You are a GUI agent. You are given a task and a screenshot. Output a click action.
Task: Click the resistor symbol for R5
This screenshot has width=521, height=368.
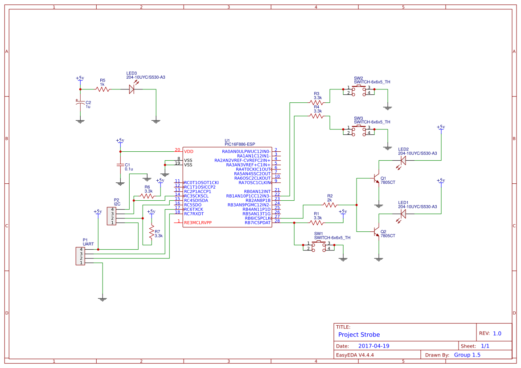[x=103, y=89]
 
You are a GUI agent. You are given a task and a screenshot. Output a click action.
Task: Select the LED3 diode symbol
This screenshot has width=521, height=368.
[x=132, y=89]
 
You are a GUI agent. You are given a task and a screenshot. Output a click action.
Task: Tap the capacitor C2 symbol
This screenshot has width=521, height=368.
[x=80, y=104]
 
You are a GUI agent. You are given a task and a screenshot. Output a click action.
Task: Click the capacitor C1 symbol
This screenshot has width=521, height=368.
[x=120, y=165]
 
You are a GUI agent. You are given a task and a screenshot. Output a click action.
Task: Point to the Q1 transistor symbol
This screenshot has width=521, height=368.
[x=376, y=179]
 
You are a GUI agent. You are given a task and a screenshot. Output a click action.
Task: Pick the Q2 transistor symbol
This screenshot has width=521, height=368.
[x=376, y=231]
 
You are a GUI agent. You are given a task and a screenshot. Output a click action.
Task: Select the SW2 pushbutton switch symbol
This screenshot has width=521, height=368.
[x=359, y=90]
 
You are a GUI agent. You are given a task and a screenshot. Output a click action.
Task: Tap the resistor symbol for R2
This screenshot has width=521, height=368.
[x=330, y=205]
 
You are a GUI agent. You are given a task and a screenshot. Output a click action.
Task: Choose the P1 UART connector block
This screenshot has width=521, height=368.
[x=80, y=256]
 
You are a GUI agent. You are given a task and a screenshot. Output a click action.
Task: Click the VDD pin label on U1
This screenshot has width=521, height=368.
[x=189, y=152]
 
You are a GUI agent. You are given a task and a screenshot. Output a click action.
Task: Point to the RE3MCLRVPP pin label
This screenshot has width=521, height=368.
[x=197, y=222]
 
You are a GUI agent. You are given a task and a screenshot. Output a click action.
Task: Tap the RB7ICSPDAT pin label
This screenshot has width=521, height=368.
[x=258, y=222]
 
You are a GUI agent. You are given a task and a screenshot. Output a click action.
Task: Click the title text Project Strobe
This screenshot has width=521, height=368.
[x=359, y=335]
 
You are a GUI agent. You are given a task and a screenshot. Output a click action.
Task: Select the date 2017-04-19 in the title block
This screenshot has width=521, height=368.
[x=374, y=346]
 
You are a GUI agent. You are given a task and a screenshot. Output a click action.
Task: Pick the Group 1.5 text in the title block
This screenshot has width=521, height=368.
[x=467, y=355]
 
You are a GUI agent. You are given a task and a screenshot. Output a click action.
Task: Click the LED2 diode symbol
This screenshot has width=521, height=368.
[x=403, y=160]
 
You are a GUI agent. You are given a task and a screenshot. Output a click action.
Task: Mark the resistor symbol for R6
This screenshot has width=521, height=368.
[x=147, y=196]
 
